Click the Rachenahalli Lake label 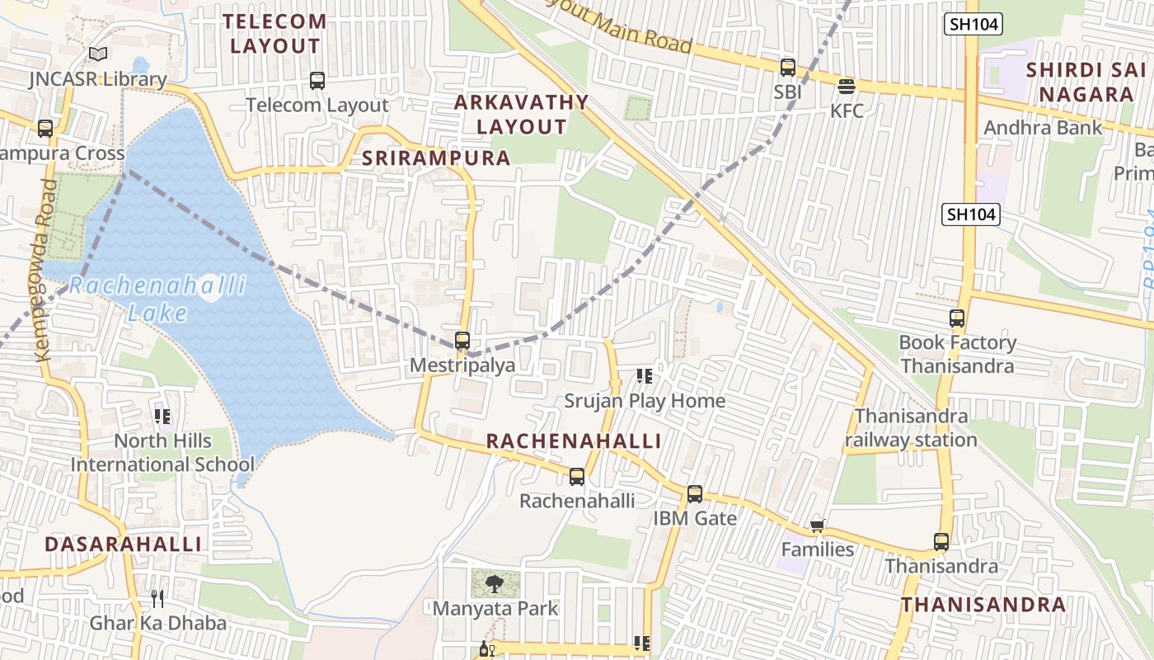pyautogui.click(x=157, y=299)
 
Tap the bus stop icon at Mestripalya pyautogui.click(x=462, y=340)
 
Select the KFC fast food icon pyautogui.click(x=846, y=86)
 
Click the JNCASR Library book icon pyautogui.click(x=98, y=54)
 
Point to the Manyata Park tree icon pyautogui.click(x=495, y=584)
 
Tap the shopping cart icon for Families pyautogui.click(x=818, y=526)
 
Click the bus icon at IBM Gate pyautogui.click(x=695, y=494)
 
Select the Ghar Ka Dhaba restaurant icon pyautogui.click(x=157, y=598)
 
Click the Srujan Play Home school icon pyautogui.click(x=645, y=376)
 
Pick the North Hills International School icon pyautogui.click(x=162, y=417)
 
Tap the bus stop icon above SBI pyautogui.click(x=788, y=68)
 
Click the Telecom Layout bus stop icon pyautogui.click(x=317, y=81)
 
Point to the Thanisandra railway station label pyautogui.click(x=911, y=427)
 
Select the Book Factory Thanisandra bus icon pyautogui.click(x=957, y=318)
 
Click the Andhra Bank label pyautogui.click(x=1043, y=128)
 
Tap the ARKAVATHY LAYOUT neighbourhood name pyautogui.click(x=521, y=115)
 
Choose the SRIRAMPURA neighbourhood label pyautogui.click(x=437, y=158)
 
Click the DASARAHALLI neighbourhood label pyautogui.click(x=123, y=544)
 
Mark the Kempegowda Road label pyautogui.click(x=46, y=269)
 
